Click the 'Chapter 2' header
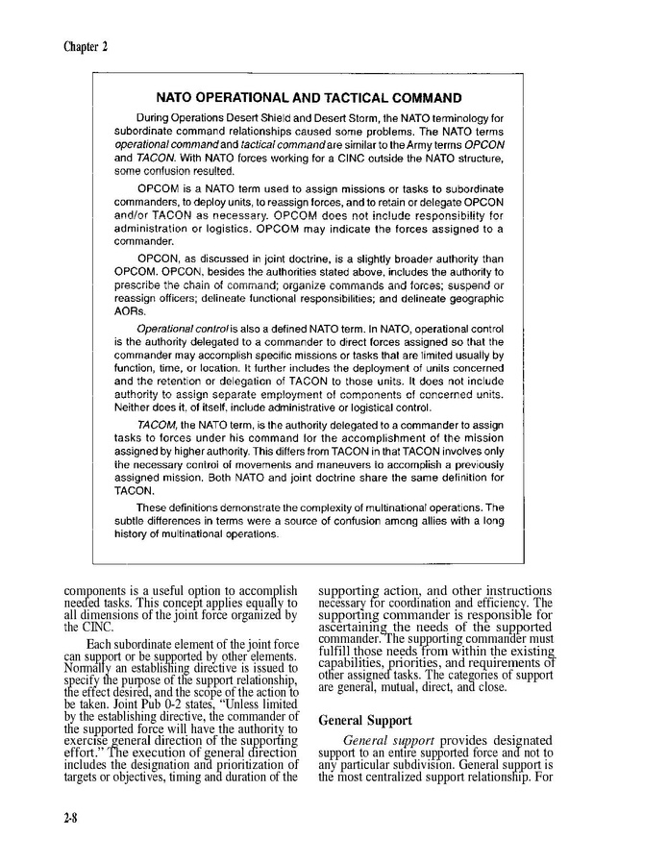pos(86,46)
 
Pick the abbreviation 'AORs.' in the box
pos(130,312)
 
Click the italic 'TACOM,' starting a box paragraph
pos(157,424)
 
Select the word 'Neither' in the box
pos(133,407)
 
